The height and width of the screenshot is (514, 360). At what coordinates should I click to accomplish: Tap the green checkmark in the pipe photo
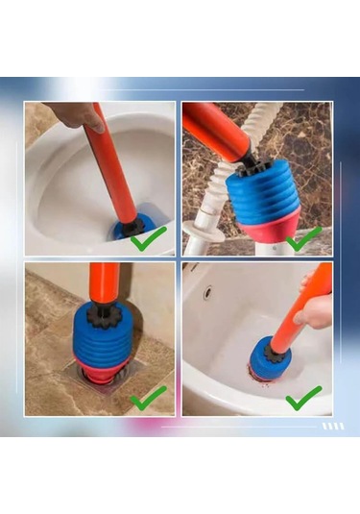pos(304,237)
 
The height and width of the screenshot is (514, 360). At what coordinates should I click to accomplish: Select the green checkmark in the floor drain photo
pos(148,396)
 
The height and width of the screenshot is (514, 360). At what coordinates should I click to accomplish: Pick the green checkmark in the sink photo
pos(303,397)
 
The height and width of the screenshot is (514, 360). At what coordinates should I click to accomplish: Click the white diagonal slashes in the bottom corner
pos(332,426)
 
